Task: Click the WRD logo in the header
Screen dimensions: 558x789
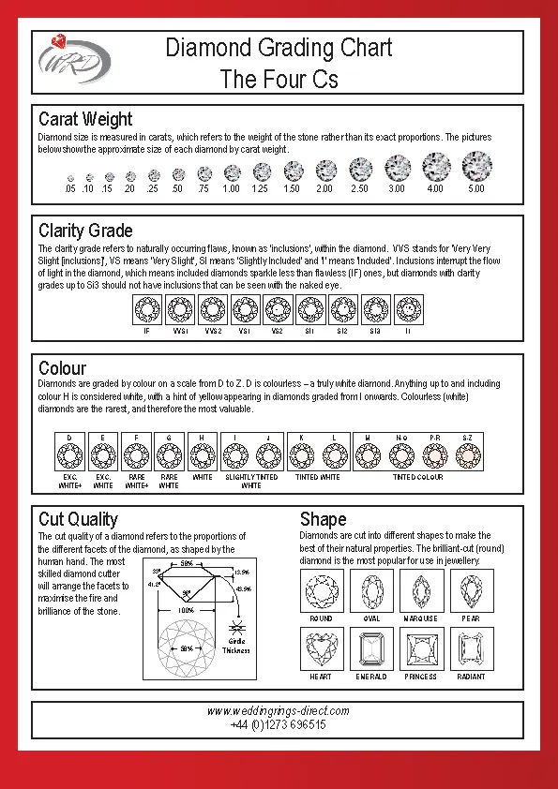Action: point(74,60)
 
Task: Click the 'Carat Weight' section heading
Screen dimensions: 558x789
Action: point(85,119)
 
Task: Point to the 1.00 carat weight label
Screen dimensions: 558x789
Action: point(231,189)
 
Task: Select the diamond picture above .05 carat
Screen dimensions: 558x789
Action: point(70,177)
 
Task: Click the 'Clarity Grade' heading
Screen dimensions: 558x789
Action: point(85,231)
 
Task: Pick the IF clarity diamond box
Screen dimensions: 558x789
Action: point(146,308)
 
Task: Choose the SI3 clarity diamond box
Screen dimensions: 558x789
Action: point(375,308)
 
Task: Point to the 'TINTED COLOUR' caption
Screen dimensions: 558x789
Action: point(417,477)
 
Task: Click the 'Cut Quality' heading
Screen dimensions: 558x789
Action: point(78,519)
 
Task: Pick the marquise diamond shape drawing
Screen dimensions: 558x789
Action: point(421,590)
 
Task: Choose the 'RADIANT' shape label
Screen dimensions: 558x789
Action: point(471,677)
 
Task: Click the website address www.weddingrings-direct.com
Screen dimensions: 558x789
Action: point(278,711)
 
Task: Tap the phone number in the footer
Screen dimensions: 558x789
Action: point(278,725)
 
